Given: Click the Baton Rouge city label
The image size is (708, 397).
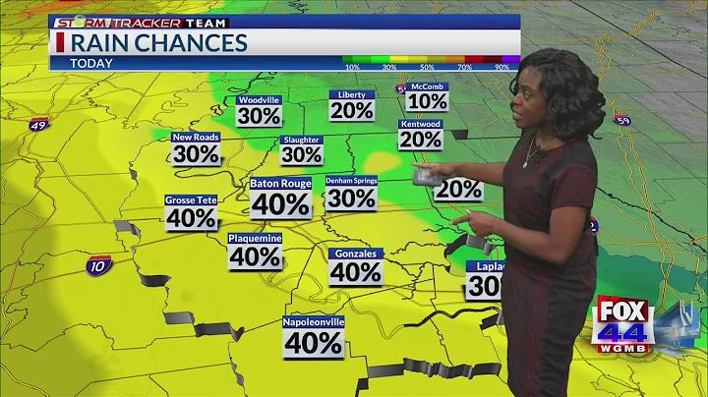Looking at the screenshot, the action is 281,183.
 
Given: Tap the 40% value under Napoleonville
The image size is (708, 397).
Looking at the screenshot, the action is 314,343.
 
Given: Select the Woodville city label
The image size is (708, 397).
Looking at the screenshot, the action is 260,99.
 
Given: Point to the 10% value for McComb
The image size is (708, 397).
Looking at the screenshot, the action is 427,101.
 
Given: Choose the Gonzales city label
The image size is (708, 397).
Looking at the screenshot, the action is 355,253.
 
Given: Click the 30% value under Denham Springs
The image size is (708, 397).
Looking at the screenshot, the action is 351,198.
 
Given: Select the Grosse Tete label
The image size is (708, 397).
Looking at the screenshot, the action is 191,199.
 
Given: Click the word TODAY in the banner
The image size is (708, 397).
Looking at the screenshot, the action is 91,63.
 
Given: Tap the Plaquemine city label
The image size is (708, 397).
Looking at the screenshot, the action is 256,238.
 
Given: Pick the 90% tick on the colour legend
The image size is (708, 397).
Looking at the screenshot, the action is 501,67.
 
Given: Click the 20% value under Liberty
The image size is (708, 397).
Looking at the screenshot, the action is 351,111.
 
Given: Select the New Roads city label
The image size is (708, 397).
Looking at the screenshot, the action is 196,138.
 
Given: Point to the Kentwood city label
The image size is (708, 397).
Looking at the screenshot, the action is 420,125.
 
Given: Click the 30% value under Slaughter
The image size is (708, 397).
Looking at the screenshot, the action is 302,154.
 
